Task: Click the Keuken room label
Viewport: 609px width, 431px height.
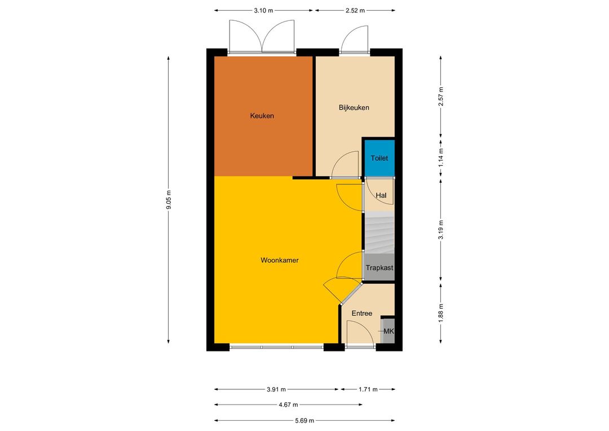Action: [x=262, y=116]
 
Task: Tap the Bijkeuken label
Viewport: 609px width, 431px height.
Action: [x=354, y=108]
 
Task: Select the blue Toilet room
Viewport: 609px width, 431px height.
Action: [x=379, y=158]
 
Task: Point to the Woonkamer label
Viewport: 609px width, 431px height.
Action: [x=280, y=261]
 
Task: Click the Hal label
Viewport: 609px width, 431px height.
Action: [x=381, y=196]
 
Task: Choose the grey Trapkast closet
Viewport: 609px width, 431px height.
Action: [x=379, y=267]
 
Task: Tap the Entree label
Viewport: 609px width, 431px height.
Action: [x=362, y=313]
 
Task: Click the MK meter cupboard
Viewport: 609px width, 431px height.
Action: [x=389, y=331]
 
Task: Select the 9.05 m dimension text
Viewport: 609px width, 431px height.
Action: [x=169, y=200]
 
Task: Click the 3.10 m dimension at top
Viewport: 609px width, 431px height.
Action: [x=264, y=11]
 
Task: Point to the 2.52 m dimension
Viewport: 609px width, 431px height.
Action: [x=355, y=11]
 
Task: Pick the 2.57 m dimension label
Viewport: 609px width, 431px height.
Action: [x=440, y=96]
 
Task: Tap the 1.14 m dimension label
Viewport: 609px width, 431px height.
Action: [x=440, y=158]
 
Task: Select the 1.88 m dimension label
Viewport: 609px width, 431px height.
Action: [x=440, y=313]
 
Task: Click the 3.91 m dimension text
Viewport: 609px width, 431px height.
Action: [x=276, y=389]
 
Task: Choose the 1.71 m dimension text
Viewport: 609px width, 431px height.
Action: [x=368, y=389]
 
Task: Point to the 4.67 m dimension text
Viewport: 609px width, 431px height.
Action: [x=288, y=404]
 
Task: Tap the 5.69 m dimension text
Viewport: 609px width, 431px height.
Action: [x=304, y=420]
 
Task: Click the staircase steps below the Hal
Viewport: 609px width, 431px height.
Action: [x=379, y=232]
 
